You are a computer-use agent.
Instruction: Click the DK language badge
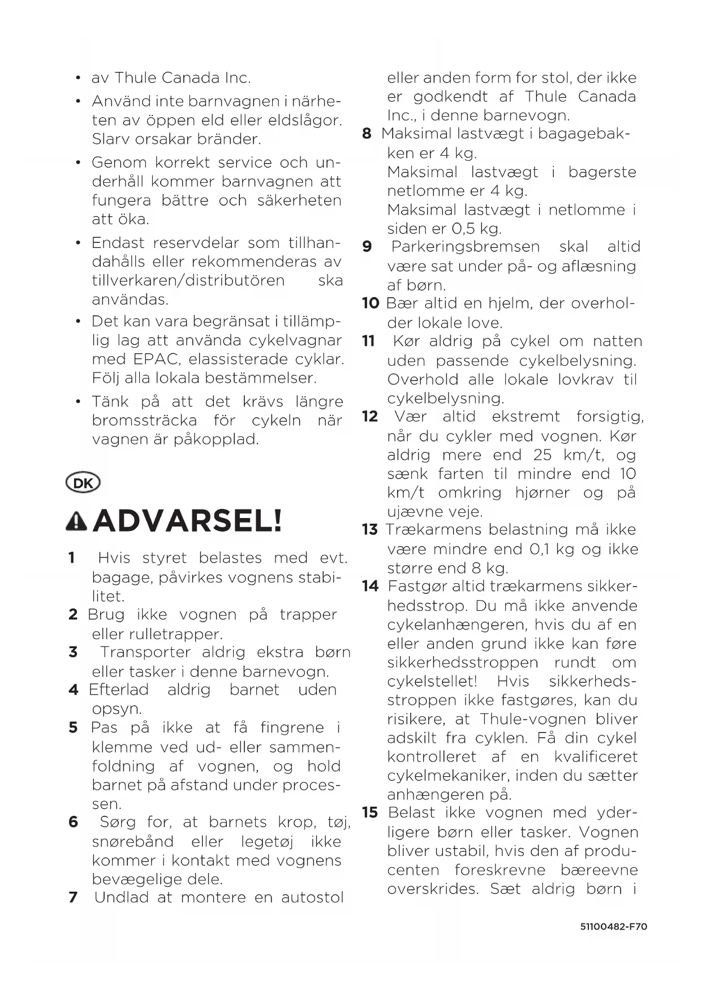click(83, 483)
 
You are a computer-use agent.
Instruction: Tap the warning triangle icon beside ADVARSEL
click(76, 521)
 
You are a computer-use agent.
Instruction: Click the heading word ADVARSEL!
click(187, 521)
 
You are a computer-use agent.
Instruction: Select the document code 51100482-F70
click(613, 927)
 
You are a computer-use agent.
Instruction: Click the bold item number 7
click(73, 897)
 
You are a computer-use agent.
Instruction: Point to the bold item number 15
click(370, 813)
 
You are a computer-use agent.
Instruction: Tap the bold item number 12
click(370, 417)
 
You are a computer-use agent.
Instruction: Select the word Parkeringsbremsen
click(466, 247)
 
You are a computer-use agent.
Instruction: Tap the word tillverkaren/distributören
click(188, 280)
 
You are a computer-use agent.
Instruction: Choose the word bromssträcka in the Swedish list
click(145, 421)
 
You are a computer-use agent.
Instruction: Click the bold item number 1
click(72, 558)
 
